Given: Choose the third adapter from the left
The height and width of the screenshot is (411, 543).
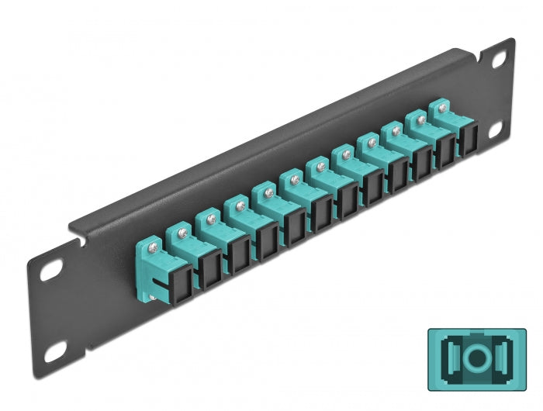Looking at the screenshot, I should point(213,236).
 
